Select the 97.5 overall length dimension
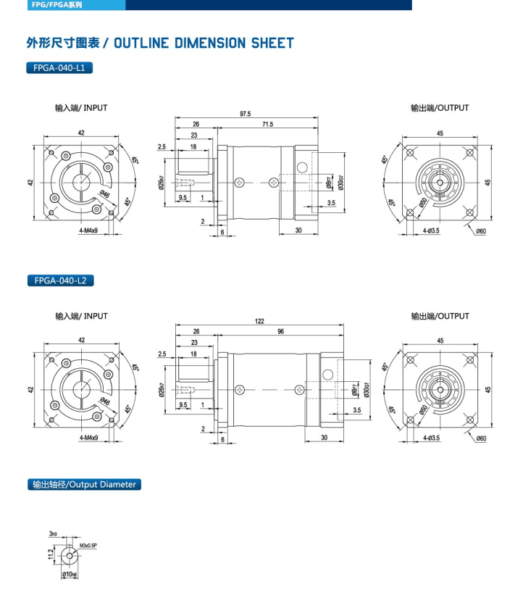tap(245, 114)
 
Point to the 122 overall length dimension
tap(259, 321)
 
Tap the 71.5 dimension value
tap(267, 125)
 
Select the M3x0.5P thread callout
tap(88, 545)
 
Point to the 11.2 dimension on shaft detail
tap(51, 554)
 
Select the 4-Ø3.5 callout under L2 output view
tap(436, 438)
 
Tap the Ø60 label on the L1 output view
tap(480, 230)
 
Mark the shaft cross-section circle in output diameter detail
tap(69, 554)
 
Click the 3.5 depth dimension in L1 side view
tap(330, 204)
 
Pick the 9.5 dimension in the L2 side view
tap(183, 404)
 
